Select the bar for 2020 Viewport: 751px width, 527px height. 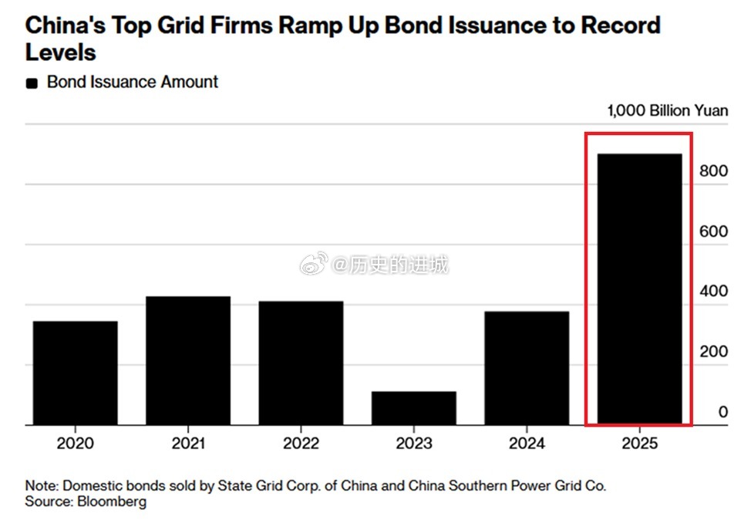[x=75, y=373]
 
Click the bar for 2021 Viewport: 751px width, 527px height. [x=188, y=360]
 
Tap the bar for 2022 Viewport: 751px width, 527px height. [x=301, y=363]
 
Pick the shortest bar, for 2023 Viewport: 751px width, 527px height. [x=414, y=407]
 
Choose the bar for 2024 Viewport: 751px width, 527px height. [x=527, y=367]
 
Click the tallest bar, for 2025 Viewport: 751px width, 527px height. [x=641, y=289]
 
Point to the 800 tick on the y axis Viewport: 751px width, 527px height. [x=713, y=171]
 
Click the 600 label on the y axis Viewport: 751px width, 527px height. [x=713, y=231]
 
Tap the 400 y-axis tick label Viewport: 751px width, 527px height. [x=713, y=292]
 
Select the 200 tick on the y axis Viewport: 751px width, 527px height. [x=713, y=352]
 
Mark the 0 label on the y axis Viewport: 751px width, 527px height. [x=722, y=412]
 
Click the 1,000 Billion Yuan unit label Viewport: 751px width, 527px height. [x=667, y=110]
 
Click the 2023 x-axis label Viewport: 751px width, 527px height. [x=414, y=444]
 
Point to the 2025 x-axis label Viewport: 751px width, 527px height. [x=641, y=444]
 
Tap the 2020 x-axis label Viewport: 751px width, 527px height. [x=75, y=444]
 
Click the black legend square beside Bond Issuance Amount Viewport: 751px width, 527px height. [x=32, y=83]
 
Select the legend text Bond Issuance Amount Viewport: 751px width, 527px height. [x=133, y=82]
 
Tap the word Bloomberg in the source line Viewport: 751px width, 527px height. [x=112, y=502]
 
